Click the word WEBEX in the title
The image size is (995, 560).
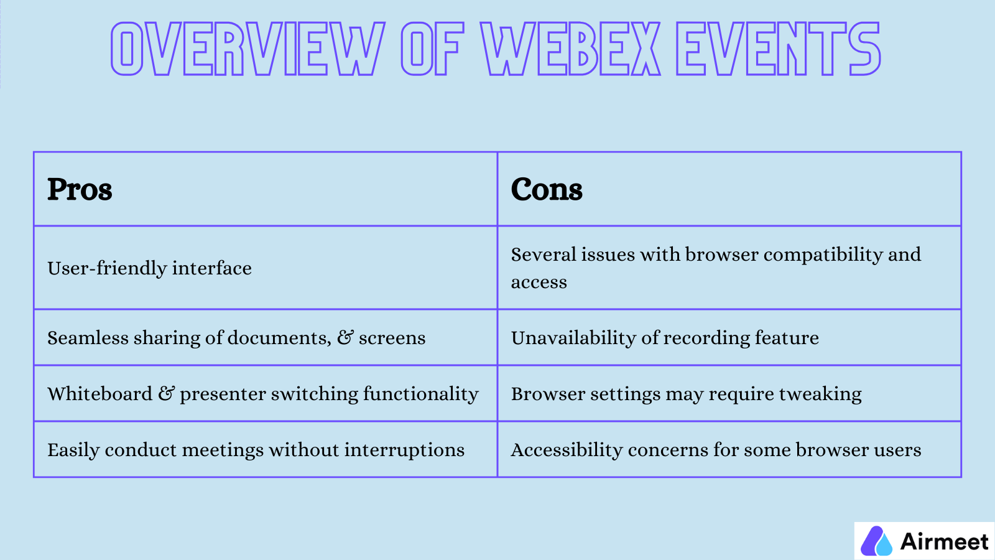click(x=570, y=49)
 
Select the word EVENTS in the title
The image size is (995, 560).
click(x=778, y=49)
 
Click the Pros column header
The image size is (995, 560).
click(x=80, y=189)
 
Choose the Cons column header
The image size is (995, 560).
click(x=547, y=189)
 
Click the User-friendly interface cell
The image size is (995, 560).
click(x=149, y=268)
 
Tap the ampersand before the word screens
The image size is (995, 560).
click(x=345, y=338)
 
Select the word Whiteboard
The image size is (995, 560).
click(x=99, y=394)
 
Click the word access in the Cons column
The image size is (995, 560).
click(x=539, y=282)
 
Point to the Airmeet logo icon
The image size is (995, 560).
click(x=876, y=541)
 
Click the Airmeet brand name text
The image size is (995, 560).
click(x=944, y=541)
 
